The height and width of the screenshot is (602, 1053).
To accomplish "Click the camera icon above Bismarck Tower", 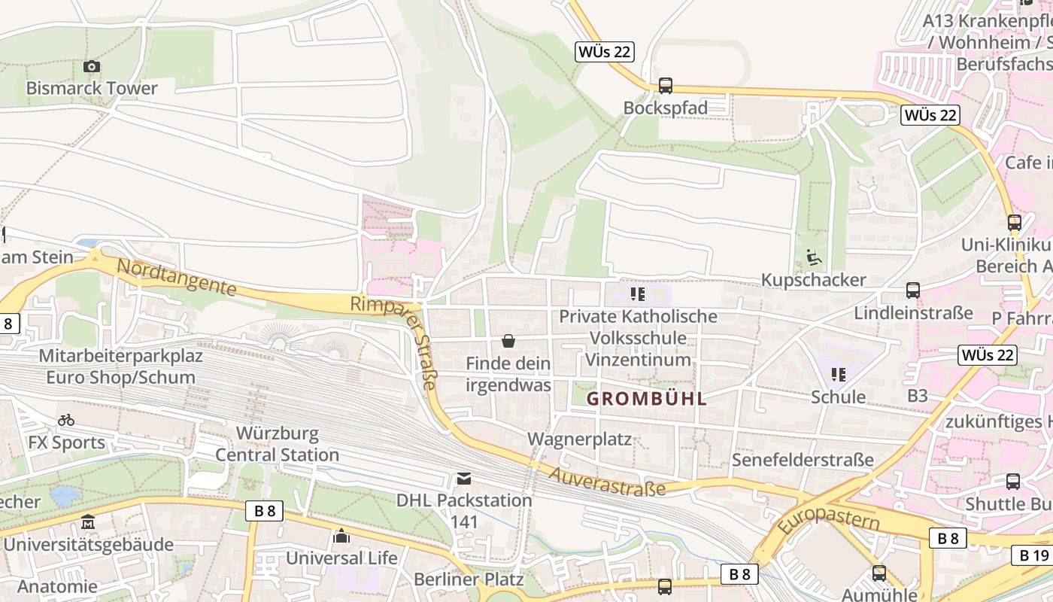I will (x=92, y=67).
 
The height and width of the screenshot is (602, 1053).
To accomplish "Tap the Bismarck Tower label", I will (x=92, y=88).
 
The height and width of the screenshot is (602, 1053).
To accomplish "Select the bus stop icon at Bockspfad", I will (x=666, y=86).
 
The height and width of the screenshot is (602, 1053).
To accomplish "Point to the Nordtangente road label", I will (x=177, y=277).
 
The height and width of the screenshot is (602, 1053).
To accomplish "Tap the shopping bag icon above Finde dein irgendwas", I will (x=508, y=342).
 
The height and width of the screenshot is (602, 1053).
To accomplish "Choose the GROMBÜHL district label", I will (x=647, y=399).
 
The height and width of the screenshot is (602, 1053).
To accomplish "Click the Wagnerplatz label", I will (x=579, y=439).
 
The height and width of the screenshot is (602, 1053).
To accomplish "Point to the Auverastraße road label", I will (x=607, y=482).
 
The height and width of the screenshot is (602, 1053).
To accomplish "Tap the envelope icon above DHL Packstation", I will (x=464, y=479).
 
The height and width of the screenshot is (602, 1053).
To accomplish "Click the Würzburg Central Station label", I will (x=278, y=444).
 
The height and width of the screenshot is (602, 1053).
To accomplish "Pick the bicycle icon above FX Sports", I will (x=66, y=421).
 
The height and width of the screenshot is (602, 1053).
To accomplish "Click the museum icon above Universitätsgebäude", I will (x=88, y=522).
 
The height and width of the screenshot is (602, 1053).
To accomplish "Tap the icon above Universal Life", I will (x=341, y=537).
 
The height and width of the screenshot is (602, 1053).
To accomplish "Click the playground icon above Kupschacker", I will (x=813, y=258).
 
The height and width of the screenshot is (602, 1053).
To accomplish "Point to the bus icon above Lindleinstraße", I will (x=913, y=290).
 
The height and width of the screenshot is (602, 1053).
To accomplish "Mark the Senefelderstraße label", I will (x=803, y=460).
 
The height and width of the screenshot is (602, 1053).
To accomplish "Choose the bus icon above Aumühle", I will (x=879, y=573).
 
